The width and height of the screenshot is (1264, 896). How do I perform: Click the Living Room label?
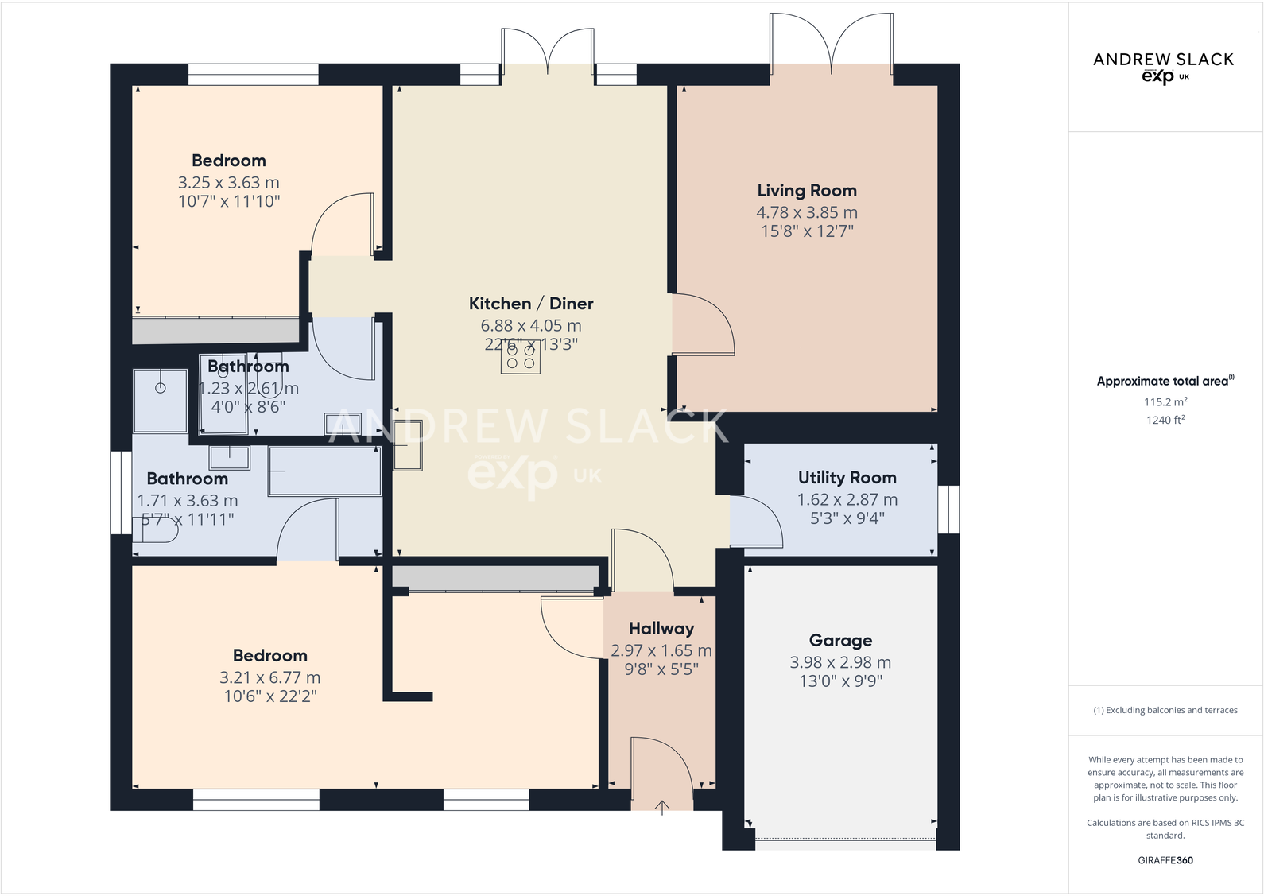pos(806,191)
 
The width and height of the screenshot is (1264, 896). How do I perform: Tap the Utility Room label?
pos(847,478)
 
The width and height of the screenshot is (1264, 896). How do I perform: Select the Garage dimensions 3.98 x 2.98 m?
pos(840,662)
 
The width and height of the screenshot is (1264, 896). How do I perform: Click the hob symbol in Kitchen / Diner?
pos(521,356)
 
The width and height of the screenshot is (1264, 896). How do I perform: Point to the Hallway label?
pos(661,629)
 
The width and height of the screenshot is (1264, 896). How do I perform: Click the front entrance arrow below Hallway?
pos(662,808)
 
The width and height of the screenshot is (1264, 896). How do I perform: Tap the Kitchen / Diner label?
pos(531,304)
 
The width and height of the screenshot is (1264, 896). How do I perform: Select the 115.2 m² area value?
pos(1165,402)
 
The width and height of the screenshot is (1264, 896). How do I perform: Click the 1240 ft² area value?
pos(1165,420)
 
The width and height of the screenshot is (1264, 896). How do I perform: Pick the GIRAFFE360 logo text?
pos(1165,860)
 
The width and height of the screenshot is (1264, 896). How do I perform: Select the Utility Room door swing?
pos(755,521)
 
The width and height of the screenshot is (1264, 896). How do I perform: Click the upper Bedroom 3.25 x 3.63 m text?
pos(229,183)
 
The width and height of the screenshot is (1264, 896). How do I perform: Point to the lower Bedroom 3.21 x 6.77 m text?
pos(269,678)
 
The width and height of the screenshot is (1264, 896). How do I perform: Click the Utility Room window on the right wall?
pos(948,509)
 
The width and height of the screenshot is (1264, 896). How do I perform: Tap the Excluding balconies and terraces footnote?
pos(1165,710)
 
